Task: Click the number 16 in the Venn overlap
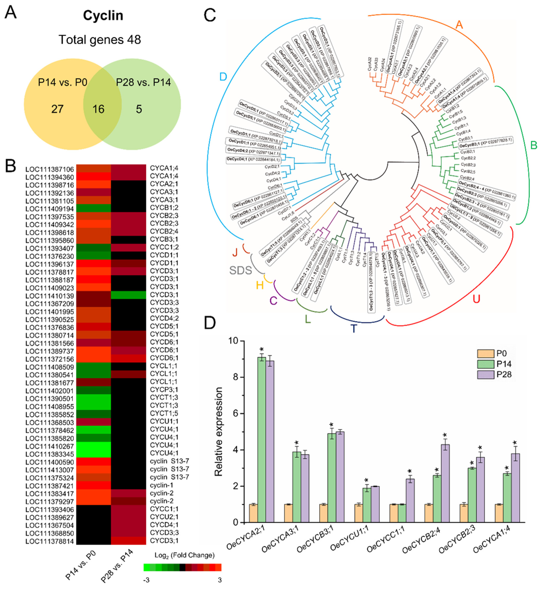[98, 109]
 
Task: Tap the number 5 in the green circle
[139, 109]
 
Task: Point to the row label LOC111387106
[50, 169]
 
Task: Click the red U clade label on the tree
[476, 299]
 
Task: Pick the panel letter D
[210, 322]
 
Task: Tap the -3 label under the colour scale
[146, 580]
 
